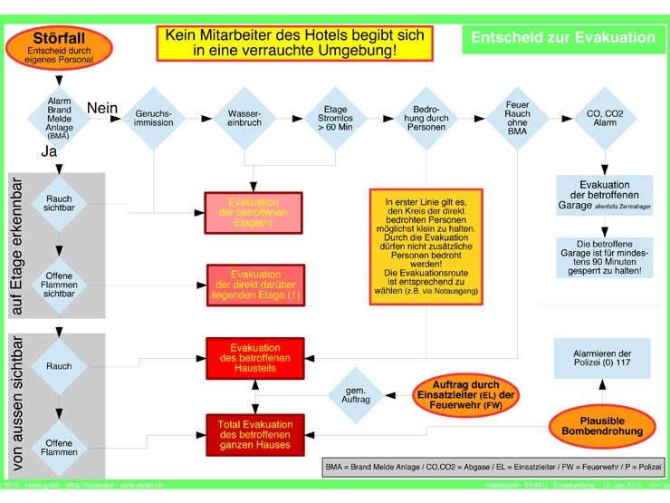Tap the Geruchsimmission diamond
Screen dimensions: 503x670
click(x=154, y=118)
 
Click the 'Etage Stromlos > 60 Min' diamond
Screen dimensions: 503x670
click(x=334, y=118)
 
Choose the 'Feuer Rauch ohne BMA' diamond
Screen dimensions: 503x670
click(x=517, y=118)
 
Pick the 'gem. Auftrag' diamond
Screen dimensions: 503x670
click(x=354, y=392)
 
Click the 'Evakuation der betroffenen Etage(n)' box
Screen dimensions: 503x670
click(x=254, y=213)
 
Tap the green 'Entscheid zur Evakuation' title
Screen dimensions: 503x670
click(x=561, y=37)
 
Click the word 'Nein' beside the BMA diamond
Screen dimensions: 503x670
click(x=102, y=108)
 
